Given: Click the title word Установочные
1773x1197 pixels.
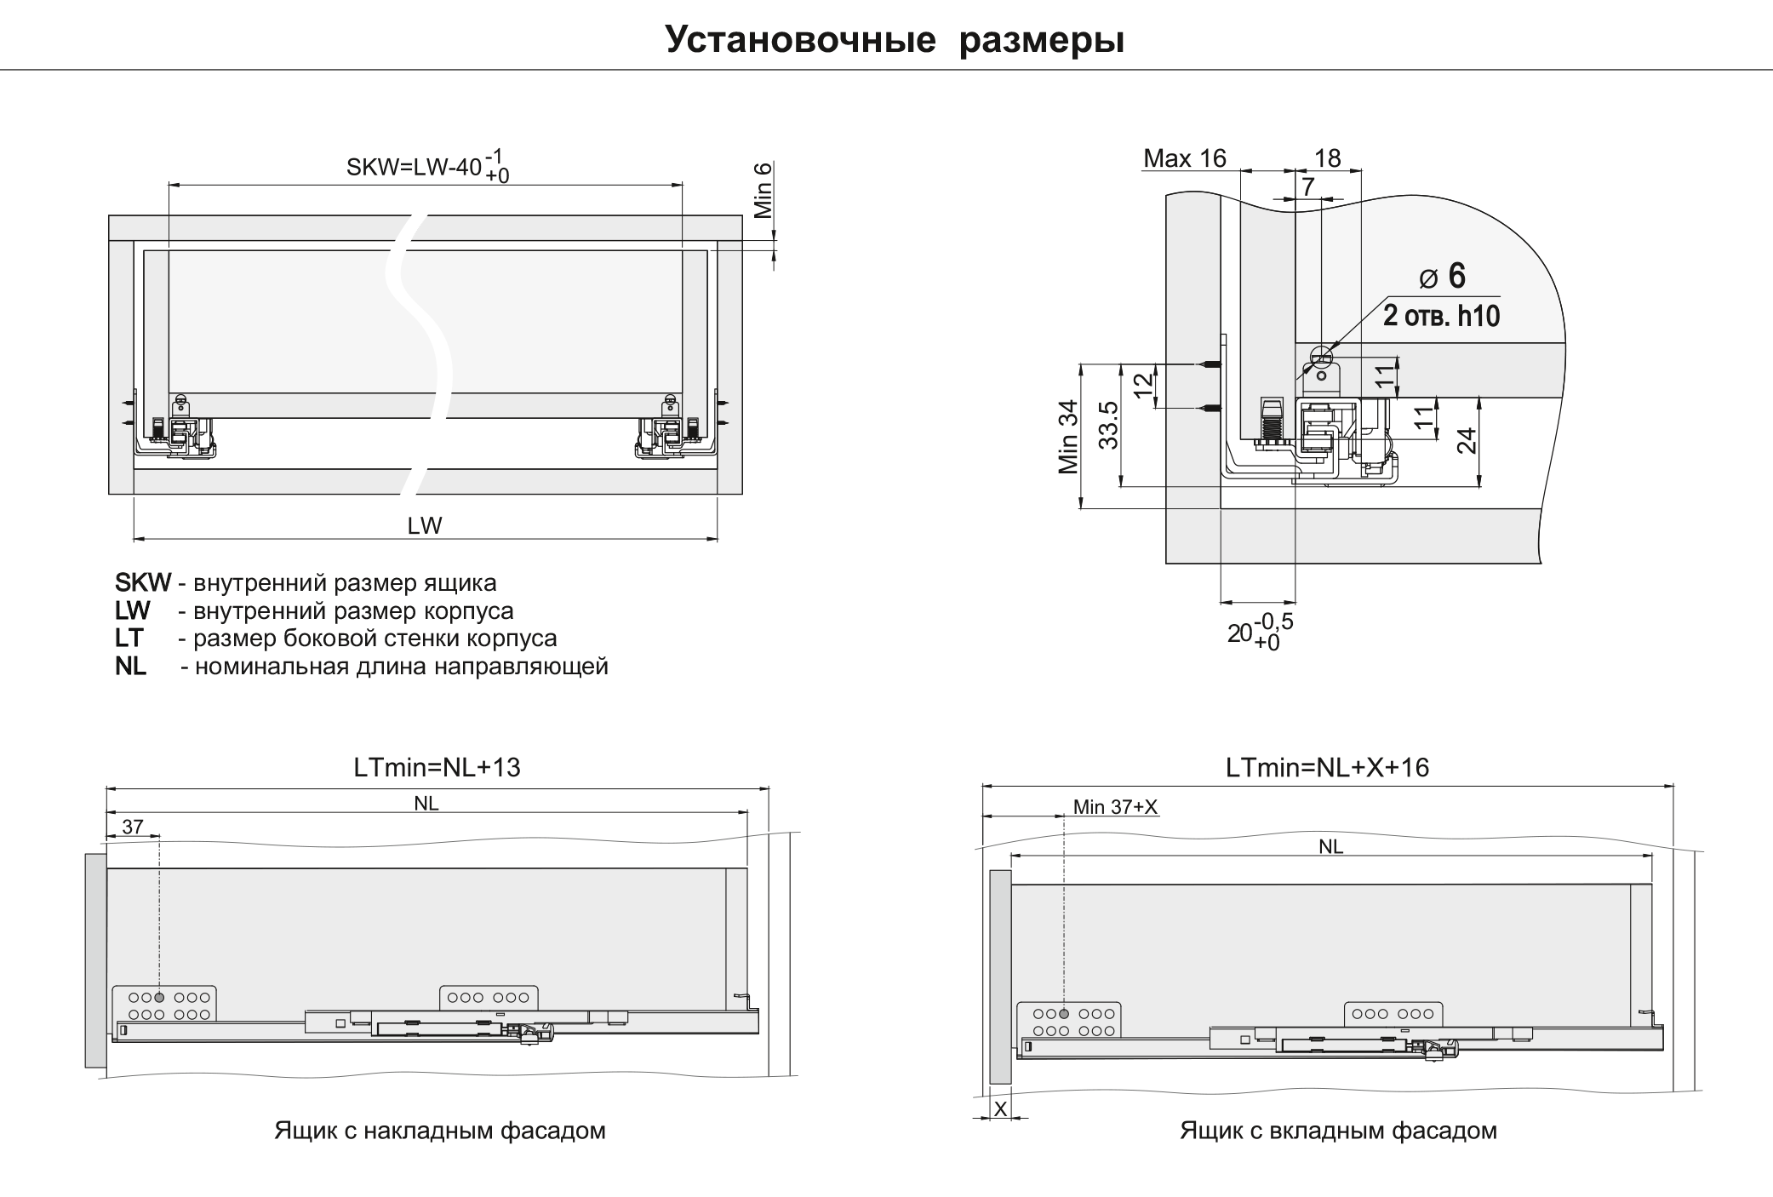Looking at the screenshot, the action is pyautogui.click(x=800, y=40).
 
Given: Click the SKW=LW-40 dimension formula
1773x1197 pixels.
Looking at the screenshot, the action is pyautogui.click(x=428, y=166).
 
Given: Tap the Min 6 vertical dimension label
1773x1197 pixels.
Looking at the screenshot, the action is pyautogui.click(x=763, y=189).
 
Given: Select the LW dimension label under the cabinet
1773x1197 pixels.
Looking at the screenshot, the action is pyautogui.click(x=425, y=525).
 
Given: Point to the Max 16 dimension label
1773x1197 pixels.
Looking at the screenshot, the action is pyautogui.click(x=1184, y=158).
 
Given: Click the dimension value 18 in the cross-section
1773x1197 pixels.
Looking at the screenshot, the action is pyautogui.click(x=1327, y=158).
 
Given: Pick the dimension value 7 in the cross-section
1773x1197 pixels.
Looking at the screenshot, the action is pyautogui.click(x=1308, y=186).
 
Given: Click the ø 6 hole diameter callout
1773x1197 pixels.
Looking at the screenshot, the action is pyautogui.click(x=1443, y=276).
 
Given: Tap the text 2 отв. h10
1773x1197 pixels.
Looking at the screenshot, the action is pyautogui.click(x=1441, y=316).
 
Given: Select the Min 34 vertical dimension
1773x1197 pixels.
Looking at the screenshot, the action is pyautogui.click(x=1068, y=437).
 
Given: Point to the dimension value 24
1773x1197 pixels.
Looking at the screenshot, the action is pyautogui.click(x=1467, y=440).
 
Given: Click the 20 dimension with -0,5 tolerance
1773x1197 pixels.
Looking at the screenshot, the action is pyautogui.click(x=1260, y=632).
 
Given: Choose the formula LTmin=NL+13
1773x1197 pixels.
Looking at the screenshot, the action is pyautogui.click(x=437, y=768).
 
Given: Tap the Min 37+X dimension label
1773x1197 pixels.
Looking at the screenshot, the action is pyautogui.click(x=1115, y=807).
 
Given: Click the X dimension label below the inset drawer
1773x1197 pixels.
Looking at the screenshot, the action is pyautogui.click(x=1001, y=1109).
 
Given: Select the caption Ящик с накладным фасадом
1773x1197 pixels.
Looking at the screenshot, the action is pyautogui.click(x=439, y=1131).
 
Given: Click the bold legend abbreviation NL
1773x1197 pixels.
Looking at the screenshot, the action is pyautogui.click(x=130, y=666).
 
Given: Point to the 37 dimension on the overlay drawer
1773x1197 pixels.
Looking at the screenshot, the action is pyautogui.click(x=133, y=827).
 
